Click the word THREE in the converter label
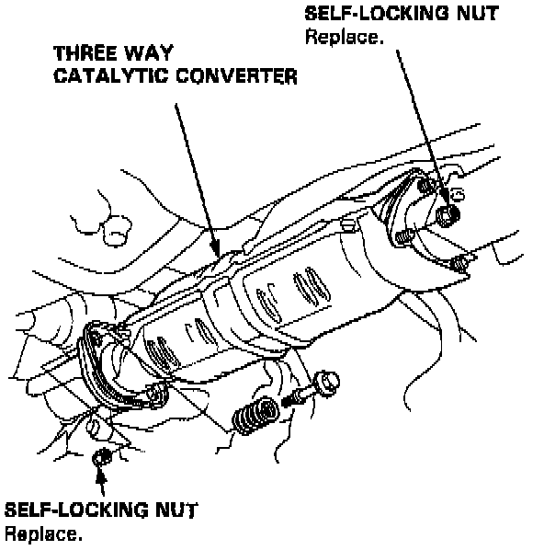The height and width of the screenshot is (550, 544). pyautogui.click(x=85, y=53)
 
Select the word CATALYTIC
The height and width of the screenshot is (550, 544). pyautogui.click(x=111, y=75)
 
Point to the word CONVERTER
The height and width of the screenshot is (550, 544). pyautogui.click(x=236, y=75)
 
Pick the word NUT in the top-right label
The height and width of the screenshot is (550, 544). pyautogui.click(x=478, y=13)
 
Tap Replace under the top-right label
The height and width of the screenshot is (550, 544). pyautogui.click(x=345, y=37)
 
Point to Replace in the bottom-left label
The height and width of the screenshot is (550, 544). pyautogui.click(x=43, y=533)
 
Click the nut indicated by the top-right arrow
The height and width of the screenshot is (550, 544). pyautogui.click(x=448, y=215)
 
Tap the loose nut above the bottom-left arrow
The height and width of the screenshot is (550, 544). pyautogui.click(x=102, y=458)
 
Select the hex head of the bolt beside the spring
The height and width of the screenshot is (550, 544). pyautogui.click(x=328, y=383)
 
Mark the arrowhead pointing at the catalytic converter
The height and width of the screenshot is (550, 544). pyautogui.click(x=216, y=248)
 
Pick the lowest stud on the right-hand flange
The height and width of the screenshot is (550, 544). pyautogui.click(x=459, y=264)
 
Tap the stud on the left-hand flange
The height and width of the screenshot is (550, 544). pyautogui.click(x=157, y=394)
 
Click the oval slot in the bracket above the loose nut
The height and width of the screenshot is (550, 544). pyautogui.click(x=93, y=426)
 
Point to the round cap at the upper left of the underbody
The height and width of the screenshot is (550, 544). pyautogui.click(x=117, y=231)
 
